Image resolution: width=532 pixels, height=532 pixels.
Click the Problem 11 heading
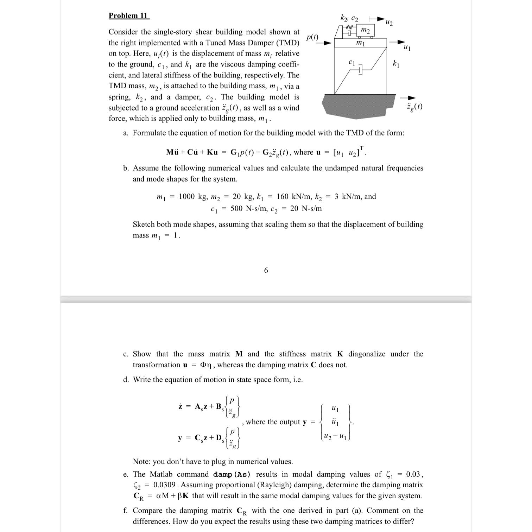point(129,16)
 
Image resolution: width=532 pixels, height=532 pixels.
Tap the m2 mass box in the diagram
point(366,31)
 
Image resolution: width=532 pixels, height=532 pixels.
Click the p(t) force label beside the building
point(312,37)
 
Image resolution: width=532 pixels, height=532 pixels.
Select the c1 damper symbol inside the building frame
point(360,71)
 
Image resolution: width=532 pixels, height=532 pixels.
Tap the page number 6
point(266,270)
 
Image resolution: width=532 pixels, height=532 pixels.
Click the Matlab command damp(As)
point(232,475)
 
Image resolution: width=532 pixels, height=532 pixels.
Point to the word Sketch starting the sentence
point(144,224)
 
